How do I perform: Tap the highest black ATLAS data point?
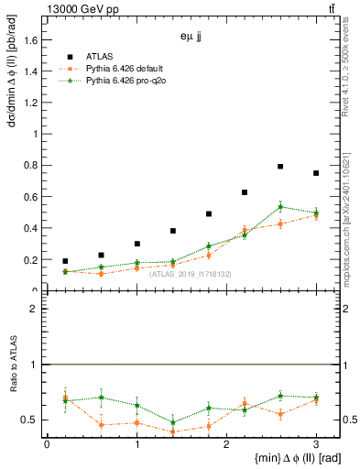[x=280, y=167]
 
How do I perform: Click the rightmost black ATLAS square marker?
[x=316, y=173]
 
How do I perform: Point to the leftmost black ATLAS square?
[x=65, y=261]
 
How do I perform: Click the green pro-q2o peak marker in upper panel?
[x=280, y=206]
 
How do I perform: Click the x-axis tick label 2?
[x=226, y=444]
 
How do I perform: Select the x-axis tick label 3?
[x=316, y=444]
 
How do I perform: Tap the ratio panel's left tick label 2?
[x=34, y=309]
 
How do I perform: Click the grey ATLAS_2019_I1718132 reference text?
[x=191, y=274]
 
